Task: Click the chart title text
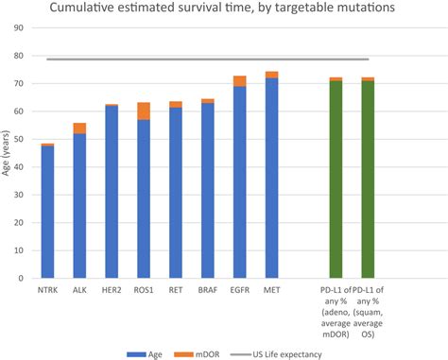(x=225, y=11)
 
